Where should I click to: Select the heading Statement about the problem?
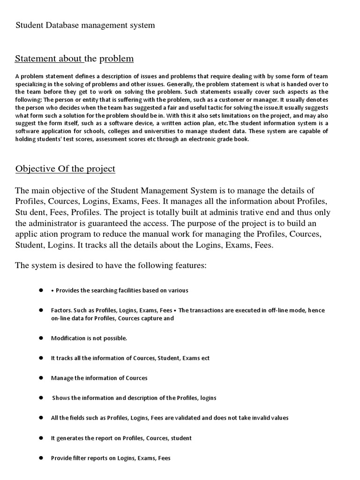74,59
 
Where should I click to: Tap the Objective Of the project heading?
65,169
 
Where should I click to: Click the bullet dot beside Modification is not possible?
41,338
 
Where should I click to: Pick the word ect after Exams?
205,358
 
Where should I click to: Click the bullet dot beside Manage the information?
41,378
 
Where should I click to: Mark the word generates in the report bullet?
70,438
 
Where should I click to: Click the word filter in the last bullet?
81,458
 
